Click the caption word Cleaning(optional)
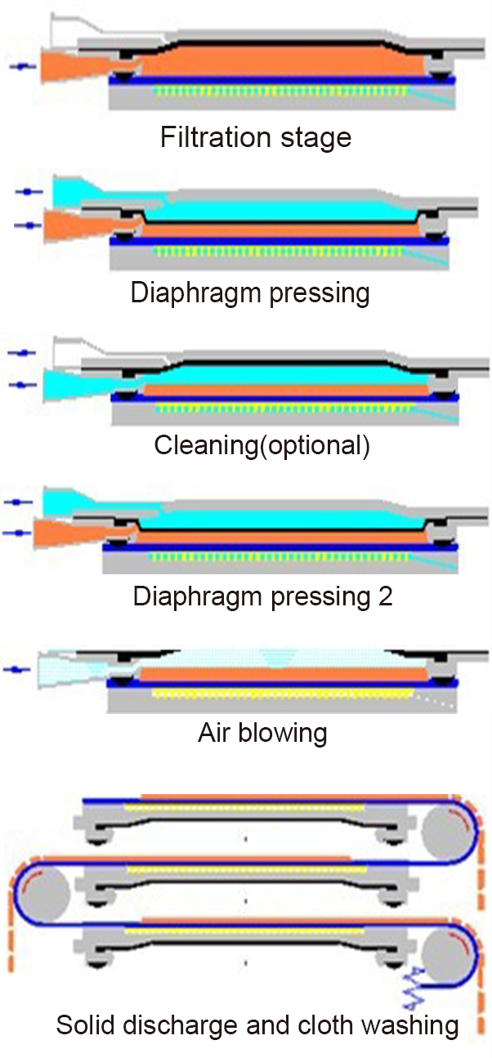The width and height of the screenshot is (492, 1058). point(262,445)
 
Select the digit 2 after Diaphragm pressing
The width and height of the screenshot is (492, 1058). point(385,596)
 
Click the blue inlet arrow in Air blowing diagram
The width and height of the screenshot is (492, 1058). point(19,670)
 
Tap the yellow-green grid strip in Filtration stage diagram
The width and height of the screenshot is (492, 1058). point(278,92)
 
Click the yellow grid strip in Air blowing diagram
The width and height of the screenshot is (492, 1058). point(278,694)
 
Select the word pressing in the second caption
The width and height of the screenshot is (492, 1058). point(320,292)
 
